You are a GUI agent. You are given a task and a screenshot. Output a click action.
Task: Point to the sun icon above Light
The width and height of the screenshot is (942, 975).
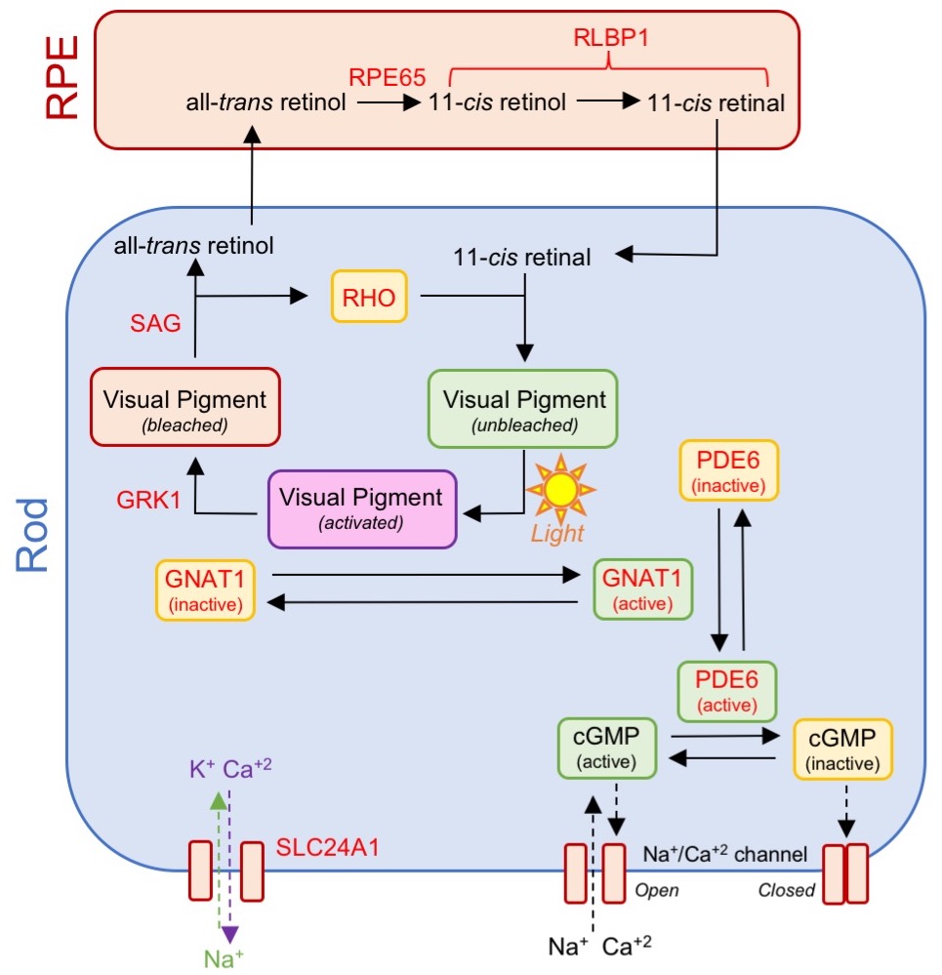(560, 490)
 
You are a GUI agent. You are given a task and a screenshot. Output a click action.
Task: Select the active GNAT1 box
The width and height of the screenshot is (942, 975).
(642, 589)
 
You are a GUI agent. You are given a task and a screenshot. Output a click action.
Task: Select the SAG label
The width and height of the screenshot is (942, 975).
(157, 323)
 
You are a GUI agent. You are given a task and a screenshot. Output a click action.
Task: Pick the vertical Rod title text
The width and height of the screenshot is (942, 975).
(32, 532)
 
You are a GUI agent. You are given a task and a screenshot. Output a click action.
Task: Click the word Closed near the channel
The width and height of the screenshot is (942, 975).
(786, 890)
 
